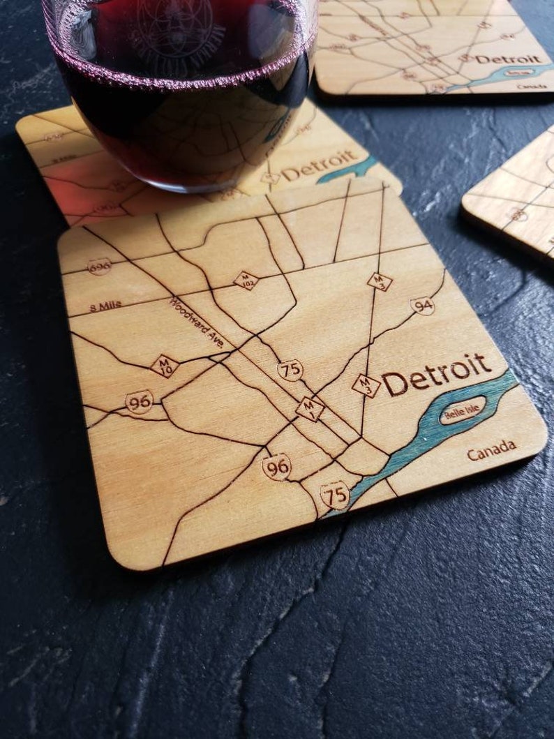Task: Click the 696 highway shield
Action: click(x=99, y=267)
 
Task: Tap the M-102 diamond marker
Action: click(x=246, y=281)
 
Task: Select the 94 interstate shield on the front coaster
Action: click(x=422, y=306)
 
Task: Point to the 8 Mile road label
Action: click(x=105, y=305)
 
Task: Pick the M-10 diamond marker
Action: click(x=165, y=365)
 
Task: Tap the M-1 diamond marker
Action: click(x=309, y=409)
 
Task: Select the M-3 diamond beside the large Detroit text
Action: click(x=366, y=385)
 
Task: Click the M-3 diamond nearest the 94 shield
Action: click(x=380, y=282)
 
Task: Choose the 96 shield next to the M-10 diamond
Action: click(x=140, y=402)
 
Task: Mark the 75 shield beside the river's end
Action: click(x=335, y=495)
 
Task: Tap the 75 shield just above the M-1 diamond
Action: click(x=290, y=369)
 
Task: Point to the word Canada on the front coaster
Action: click(x=491, y=451)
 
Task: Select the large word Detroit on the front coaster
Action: click(x=436, y=375)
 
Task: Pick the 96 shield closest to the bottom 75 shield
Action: click(x=277, y=466)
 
